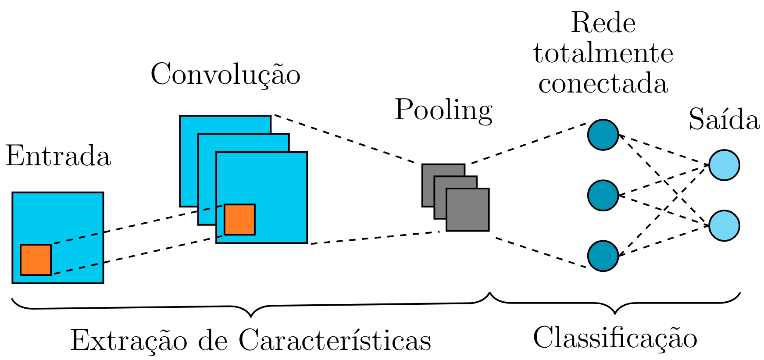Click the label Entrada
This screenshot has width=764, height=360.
(58, 157)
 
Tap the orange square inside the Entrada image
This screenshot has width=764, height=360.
(36, 260)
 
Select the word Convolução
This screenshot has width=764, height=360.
(225, 75)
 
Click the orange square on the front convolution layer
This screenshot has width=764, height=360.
(239, 219)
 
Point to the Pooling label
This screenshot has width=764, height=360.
(443, 110)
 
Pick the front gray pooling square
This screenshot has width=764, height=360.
(468, 210)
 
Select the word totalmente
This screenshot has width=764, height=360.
(603, 53)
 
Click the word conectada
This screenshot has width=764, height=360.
(603, 83)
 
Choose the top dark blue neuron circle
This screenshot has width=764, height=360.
(603, 135)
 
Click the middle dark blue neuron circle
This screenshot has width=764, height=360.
(603, 195)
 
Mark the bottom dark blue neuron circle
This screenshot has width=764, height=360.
(603, 256)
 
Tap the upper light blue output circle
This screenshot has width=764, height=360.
(724, 165)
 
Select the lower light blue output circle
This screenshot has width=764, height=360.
(724, 225)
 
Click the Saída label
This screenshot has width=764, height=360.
(724, 119)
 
